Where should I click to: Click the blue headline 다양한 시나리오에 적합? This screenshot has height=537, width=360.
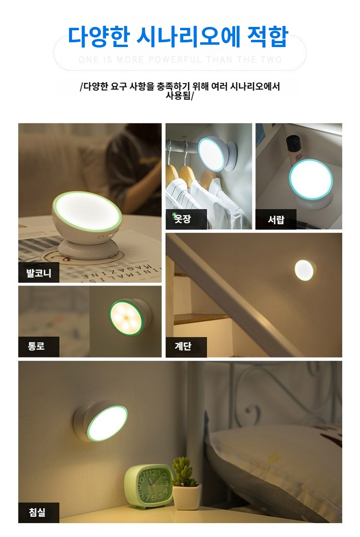(178, 37)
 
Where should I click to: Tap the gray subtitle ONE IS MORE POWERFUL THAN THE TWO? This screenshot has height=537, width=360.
(180, 60)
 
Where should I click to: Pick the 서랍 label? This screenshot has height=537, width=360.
(276, 220)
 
